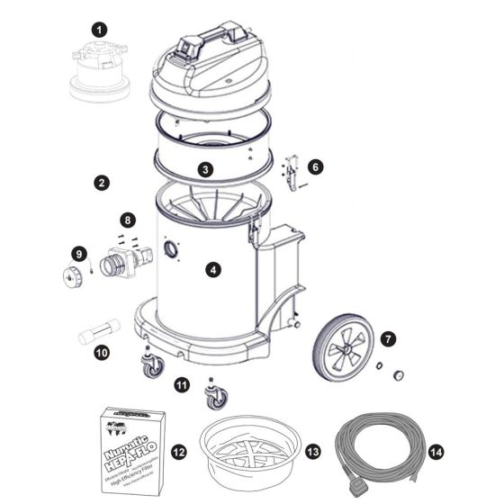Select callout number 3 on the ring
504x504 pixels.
click(206, 168)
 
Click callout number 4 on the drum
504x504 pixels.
click(211, 269)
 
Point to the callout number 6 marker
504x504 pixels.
click(314, 166)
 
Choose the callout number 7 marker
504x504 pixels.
click(388, 339)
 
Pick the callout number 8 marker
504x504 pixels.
click(129, 219)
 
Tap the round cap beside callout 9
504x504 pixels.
click(71, 274)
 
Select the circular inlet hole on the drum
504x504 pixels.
click(167, 249)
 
